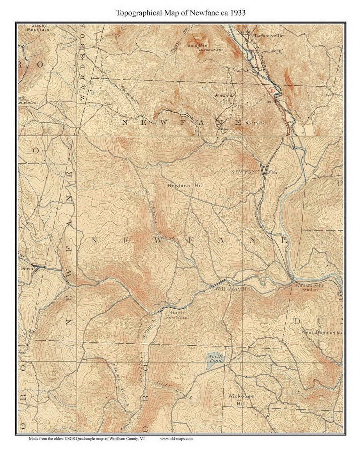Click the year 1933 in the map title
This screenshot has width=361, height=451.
pos(238,13)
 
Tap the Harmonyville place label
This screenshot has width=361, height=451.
pos(268,35)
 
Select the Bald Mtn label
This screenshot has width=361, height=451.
pos(197,45)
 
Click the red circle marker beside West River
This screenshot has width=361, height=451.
pos(271,90)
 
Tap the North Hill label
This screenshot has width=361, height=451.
pos(256,123)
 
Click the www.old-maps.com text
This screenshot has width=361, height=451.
pos(176,439)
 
